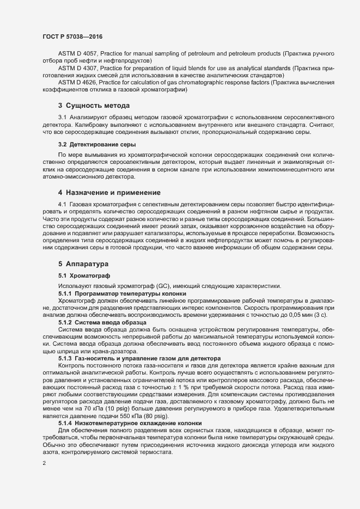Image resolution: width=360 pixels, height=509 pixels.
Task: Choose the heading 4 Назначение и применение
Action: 109,193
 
